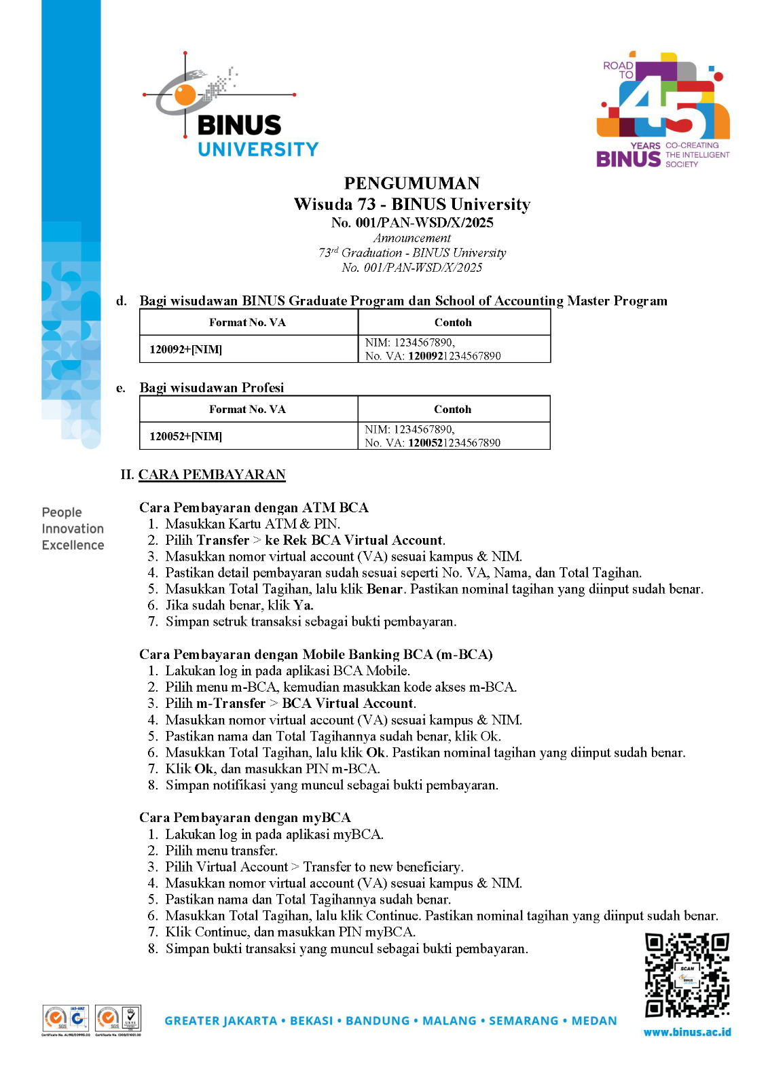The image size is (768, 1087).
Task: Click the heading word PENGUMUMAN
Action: pos(412,183)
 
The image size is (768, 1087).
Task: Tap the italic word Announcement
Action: pos(412,238)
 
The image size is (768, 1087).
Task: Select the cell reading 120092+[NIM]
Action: pos(186,349)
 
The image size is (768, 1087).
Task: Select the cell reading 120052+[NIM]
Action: pos(186,436)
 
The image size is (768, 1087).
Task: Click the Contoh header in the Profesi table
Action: pos(452,409)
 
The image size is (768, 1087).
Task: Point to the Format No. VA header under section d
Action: pos(247,322)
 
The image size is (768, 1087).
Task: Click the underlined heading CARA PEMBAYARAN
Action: pos(212,474)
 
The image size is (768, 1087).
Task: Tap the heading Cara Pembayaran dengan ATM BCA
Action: pos(254,507)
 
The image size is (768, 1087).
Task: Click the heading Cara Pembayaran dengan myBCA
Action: pos(245,817)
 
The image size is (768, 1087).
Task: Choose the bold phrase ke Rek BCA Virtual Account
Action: pos(354,540)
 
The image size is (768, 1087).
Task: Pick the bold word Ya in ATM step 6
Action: pos(302,605)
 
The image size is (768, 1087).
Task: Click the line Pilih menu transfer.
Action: pos(221,851)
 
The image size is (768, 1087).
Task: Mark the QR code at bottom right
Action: pos(687,975)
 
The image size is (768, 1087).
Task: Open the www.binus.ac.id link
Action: pos(687,1032)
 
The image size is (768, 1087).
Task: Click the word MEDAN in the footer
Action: pos(594,1020)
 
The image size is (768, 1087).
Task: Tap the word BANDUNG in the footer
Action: pos(378,1020)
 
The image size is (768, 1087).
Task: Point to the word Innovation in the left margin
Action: pos(73,529)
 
